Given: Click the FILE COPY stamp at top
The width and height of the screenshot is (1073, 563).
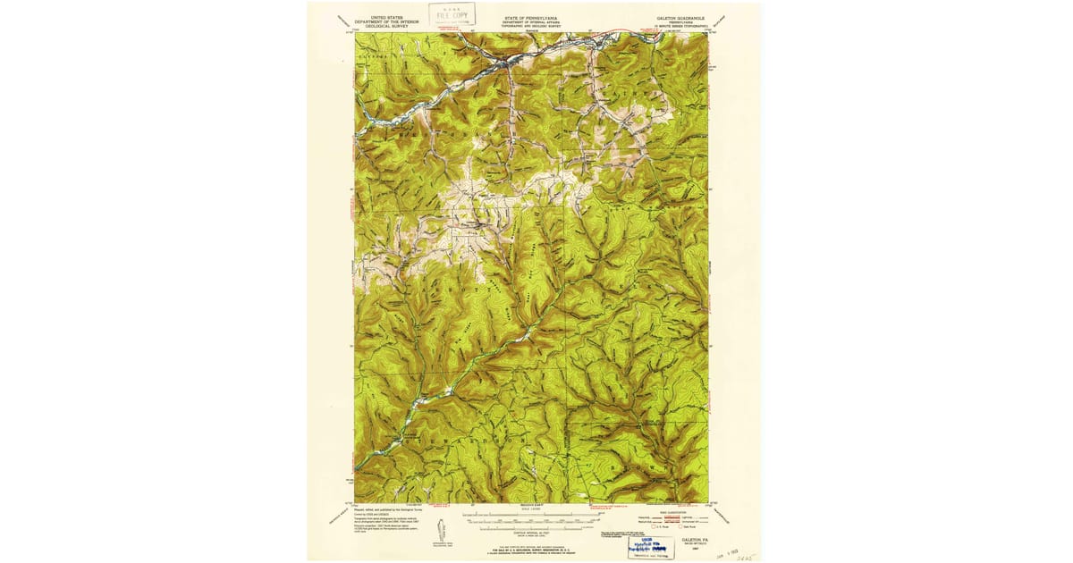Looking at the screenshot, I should tap(452, 13).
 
